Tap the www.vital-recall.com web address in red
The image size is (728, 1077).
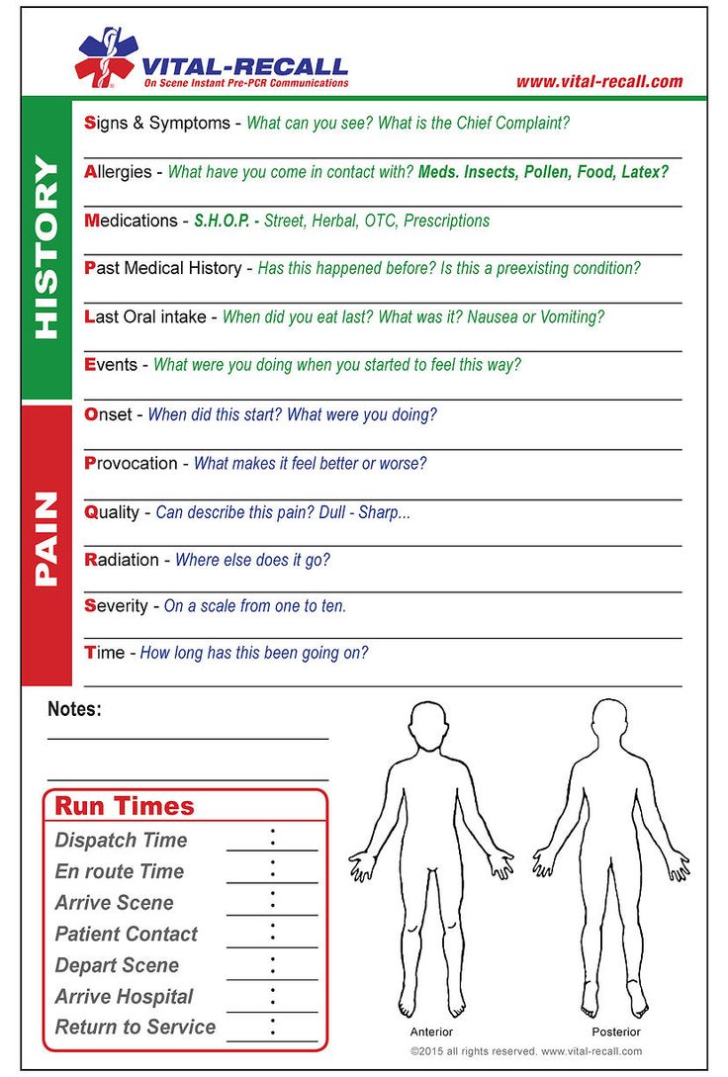(x=599, y=81)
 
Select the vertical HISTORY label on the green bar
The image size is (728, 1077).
(x=46, y=248)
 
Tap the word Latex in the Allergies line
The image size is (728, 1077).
(x=645, y=172)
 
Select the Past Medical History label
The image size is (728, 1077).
(x=163, y=268)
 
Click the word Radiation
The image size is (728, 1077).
(x=122, y=560)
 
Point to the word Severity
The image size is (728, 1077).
(x=117, y=605)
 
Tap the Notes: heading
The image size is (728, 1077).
(x=74, y=709)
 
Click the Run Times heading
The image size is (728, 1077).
(x=125, y=806)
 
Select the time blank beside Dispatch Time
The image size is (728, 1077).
(x=272, y=840)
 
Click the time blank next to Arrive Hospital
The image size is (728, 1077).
(x=272, y=997)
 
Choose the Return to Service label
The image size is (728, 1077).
(x=136, y=1028)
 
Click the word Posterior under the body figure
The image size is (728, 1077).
(x=616, y=1032)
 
